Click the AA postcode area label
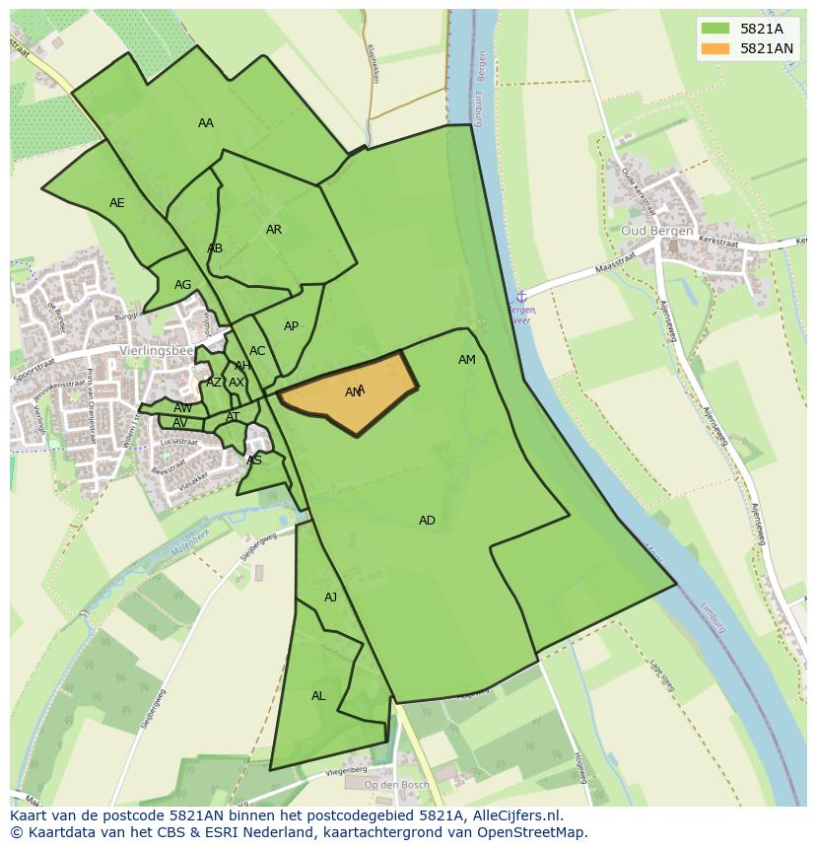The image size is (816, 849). [x=205, y=123]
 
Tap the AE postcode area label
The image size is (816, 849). [x=117, y=203]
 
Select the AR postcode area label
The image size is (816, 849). [x=274, y=230]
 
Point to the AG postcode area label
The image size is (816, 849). [x=182, y=285]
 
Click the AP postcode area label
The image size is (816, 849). [x=291, y=326]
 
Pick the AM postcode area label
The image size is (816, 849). [x=467, y=360]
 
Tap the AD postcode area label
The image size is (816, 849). [x=427, y=521]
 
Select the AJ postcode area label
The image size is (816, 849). [x=331, y=598]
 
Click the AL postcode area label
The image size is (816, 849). [x=318, y=696]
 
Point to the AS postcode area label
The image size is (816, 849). [x=254, y=460]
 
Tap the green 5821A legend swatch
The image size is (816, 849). [x=715, y=29]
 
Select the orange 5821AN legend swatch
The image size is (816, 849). [x=715, y=48]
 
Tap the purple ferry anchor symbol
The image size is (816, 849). [x=521, y=296]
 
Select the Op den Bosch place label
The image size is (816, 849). [x=396, y=785]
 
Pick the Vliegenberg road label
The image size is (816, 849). [x=345, y=769]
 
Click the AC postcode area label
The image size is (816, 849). [x=257, y=351]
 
